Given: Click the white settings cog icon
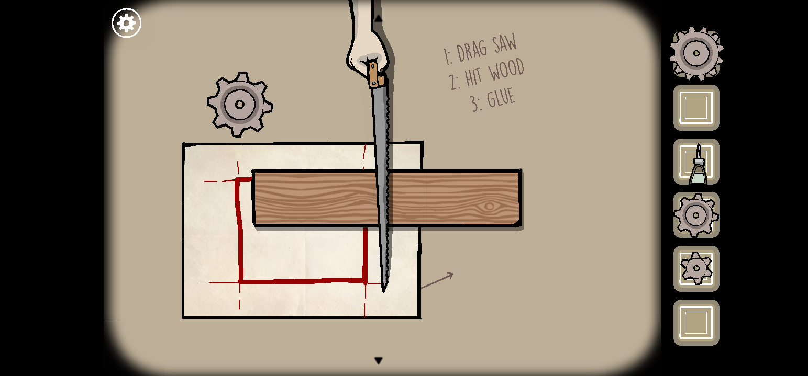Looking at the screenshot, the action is (126, 23).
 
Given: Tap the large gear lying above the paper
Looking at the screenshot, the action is (239, 105).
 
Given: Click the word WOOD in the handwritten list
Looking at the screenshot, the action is (506, 70).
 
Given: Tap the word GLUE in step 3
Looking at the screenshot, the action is (501, 98).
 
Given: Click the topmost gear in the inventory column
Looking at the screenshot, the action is (696, 53).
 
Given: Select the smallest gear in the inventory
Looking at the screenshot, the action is (696, 268).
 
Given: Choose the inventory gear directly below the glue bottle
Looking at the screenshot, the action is (696, 215).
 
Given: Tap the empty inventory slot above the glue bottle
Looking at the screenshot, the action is (696, 108).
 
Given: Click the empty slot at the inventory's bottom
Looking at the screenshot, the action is (696, 322).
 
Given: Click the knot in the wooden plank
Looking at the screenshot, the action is (490, 207).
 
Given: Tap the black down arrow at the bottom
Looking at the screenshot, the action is (379, 360).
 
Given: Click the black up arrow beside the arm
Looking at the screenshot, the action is (378, 18).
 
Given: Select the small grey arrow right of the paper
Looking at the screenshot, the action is (437, 280).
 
